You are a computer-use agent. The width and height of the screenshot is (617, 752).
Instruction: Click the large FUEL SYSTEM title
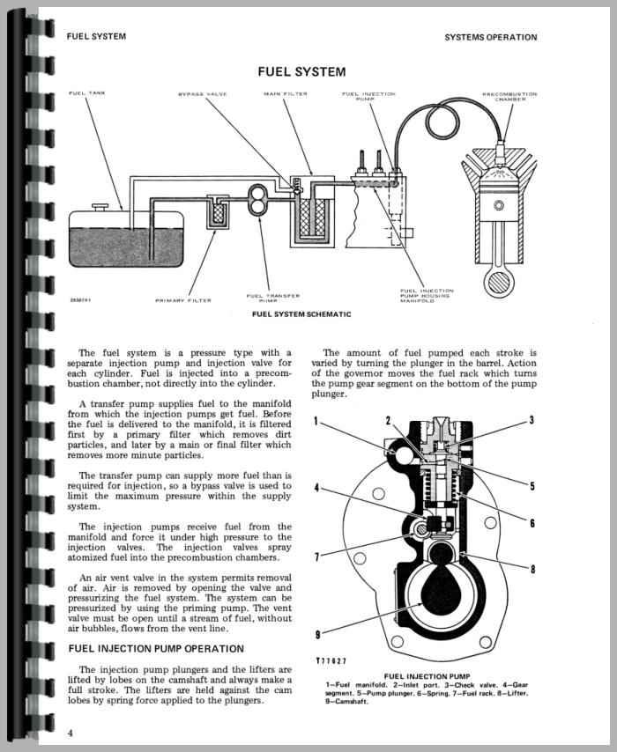[301, 72]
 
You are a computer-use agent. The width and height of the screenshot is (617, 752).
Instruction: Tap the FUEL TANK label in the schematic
[87, 93]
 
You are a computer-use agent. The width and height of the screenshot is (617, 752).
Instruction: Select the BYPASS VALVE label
[202, 94]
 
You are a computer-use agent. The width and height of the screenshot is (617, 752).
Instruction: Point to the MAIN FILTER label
[286, 94]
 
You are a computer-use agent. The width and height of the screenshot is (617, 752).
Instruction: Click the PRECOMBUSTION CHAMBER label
[509, 96]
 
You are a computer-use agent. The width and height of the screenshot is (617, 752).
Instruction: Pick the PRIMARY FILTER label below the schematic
[183, 300]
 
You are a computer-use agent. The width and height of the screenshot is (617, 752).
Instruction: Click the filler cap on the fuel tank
[100, 207]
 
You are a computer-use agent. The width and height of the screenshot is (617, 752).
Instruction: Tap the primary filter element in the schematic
[219, 211]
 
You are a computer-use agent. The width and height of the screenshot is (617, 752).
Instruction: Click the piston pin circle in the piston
[500, 205]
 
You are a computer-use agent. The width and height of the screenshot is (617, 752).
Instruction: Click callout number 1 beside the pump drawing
[316, 422]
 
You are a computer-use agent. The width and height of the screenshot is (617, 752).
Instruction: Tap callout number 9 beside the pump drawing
[317, 635]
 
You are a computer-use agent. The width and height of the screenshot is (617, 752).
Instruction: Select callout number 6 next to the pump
[532, 523]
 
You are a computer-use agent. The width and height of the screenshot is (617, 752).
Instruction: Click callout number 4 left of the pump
[316, 488]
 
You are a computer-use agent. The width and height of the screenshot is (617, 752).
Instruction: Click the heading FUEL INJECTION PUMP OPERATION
[156, 649]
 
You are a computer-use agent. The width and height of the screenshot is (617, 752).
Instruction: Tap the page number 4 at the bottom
[71, 734]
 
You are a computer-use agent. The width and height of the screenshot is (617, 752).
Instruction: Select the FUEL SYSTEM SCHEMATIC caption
[301, 314]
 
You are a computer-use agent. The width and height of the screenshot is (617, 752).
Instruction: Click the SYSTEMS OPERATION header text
[491, 37]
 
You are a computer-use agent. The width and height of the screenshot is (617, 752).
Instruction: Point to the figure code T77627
[331, 661]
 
